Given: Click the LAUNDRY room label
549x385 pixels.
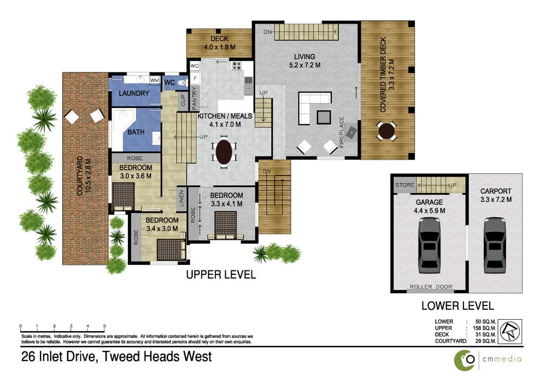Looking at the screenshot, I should [134, 93].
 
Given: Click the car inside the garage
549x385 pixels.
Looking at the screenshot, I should [429, 245].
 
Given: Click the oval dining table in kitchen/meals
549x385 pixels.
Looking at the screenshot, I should [223, 152].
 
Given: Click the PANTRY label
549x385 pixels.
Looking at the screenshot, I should [194, 100].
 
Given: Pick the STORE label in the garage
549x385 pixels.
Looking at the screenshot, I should [405, 185].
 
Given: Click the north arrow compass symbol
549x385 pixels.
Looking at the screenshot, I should [511, 331].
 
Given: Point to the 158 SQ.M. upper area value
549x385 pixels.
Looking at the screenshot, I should [484, 328].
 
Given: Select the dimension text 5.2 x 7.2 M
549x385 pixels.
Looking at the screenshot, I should [304, 65].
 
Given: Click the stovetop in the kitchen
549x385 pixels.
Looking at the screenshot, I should [237, 67].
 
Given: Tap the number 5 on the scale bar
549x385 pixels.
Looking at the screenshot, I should [104, 326].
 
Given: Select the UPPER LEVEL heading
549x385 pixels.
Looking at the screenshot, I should [220, 275].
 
